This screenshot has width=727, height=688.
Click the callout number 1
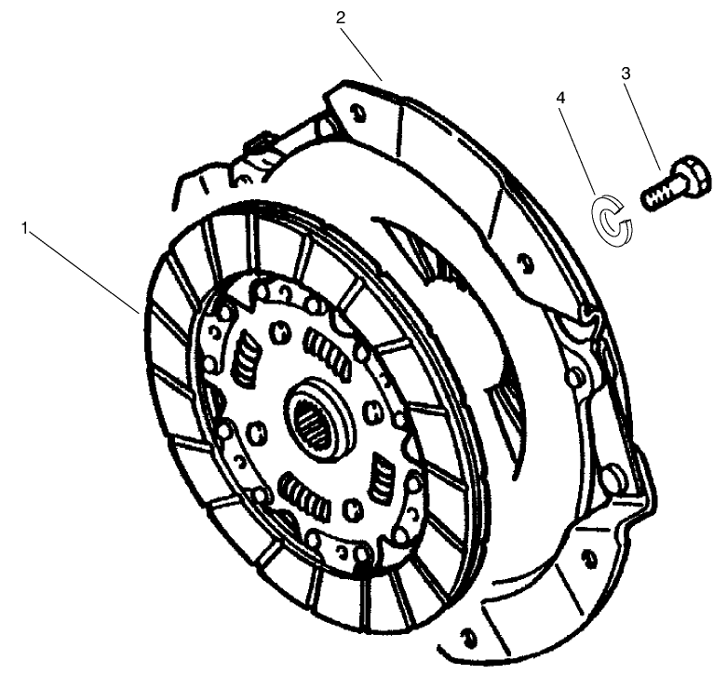coord(26,226)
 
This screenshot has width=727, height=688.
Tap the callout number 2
coord(342,18)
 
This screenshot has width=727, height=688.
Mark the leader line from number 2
coord(363,50)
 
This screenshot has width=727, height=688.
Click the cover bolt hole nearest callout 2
coord(357,113)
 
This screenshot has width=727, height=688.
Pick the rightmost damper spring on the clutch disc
coord(383,476)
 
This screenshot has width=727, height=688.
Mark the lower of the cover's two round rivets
coord(611,478)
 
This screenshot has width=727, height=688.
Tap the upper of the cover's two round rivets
coord(577,374)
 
